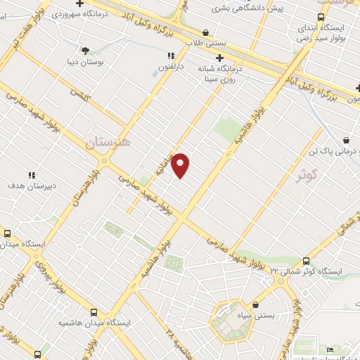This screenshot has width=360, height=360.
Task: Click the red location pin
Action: [181, 165]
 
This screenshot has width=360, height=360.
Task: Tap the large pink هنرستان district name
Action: [108, 143]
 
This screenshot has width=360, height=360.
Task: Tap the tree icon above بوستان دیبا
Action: [86, 51]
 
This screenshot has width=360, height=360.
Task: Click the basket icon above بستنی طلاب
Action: [205, 32]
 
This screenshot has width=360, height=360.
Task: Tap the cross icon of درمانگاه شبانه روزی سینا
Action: [220, 58]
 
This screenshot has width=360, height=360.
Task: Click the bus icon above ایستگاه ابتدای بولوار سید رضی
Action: [321, 17]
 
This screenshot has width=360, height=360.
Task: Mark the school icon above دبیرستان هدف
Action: [31, 174]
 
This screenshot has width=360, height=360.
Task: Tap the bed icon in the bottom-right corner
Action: [330, 350]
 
